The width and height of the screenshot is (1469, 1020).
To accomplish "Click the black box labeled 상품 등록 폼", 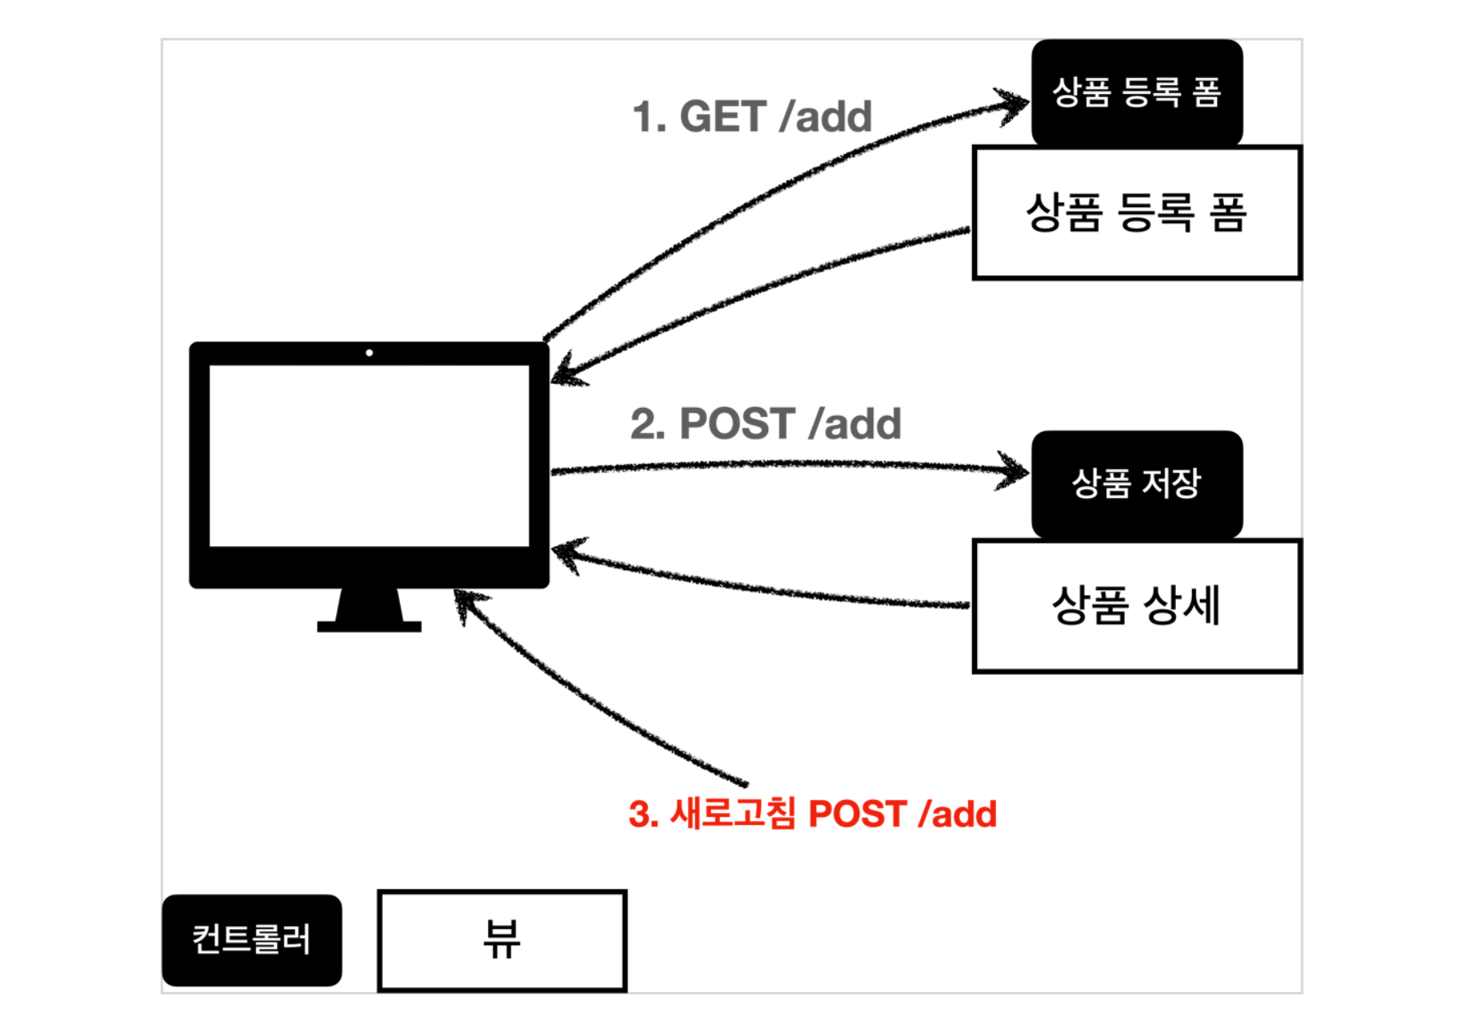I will coord(1137,92).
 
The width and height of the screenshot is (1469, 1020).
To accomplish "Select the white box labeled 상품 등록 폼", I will coord(1137,213).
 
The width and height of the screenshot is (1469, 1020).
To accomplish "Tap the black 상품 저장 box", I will coord(1137,483).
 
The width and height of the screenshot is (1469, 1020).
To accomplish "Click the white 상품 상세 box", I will coord(1137,606).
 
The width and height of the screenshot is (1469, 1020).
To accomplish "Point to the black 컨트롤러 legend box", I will coord(251,940).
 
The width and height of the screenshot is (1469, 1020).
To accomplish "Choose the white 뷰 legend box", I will coord(502,940).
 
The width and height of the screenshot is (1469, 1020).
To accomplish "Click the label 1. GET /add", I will coord(752,117).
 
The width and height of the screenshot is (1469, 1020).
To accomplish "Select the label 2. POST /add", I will coord(766,424).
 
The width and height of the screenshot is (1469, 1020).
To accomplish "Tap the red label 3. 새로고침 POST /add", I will coord(812,814).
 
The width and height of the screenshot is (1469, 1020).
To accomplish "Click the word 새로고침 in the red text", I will coord(733,813).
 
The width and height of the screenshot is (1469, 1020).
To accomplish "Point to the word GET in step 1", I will coord(722,117).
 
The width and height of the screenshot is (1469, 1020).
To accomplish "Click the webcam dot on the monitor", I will coord(369,353).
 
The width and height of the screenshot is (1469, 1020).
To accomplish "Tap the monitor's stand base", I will coord(369,626).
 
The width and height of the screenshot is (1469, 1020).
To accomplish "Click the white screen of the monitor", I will coord(369,455).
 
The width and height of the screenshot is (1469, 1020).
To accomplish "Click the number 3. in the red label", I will coord(643,814).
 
